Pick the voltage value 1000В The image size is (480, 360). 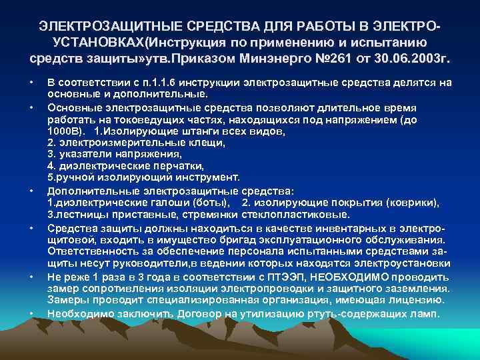tap(62, 131)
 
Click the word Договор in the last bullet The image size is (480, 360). tap(186, 313)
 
